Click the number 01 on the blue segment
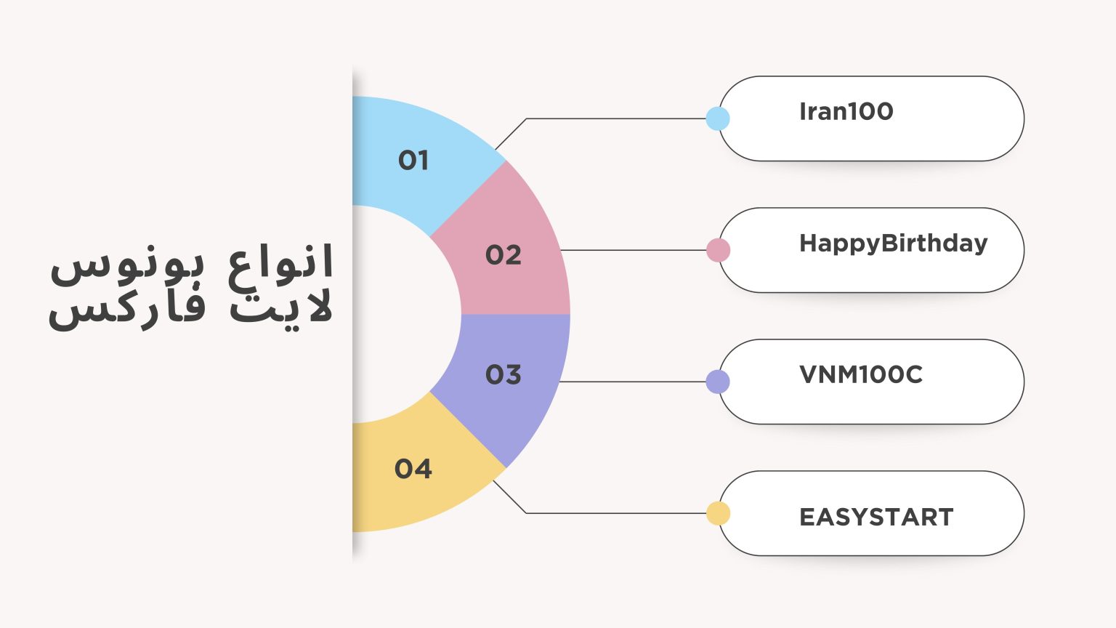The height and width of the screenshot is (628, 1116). (413, 160)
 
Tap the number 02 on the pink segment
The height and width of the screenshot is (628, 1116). (504, 255)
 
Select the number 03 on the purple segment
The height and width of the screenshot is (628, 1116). (504, 374)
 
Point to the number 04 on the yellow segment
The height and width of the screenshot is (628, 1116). (413, 469)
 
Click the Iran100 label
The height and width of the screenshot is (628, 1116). (846, 111)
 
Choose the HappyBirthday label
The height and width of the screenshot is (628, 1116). (894, 243)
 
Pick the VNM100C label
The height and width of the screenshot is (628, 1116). (861, 374)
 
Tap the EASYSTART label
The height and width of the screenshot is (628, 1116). (876, 517)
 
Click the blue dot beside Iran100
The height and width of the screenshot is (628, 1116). (718, 118)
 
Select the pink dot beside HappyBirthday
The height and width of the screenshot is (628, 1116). (718, 250)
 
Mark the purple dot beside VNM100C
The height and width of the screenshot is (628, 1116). (718, 382)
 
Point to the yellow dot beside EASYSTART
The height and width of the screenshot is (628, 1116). (718, 513)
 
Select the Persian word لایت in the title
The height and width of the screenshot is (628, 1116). (282, 307)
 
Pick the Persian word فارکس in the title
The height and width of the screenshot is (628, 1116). (128, 309)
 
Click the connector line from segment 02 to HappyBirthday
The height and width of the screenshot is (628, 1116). (632, 250)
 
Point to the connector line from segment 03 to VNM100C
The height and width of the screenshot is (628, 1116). (632, 382)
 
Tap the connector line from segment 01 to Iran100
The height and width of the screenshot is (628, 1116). (618, 118)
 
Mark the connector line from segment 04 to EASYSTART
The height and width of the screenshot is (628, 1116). (618, 513)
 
